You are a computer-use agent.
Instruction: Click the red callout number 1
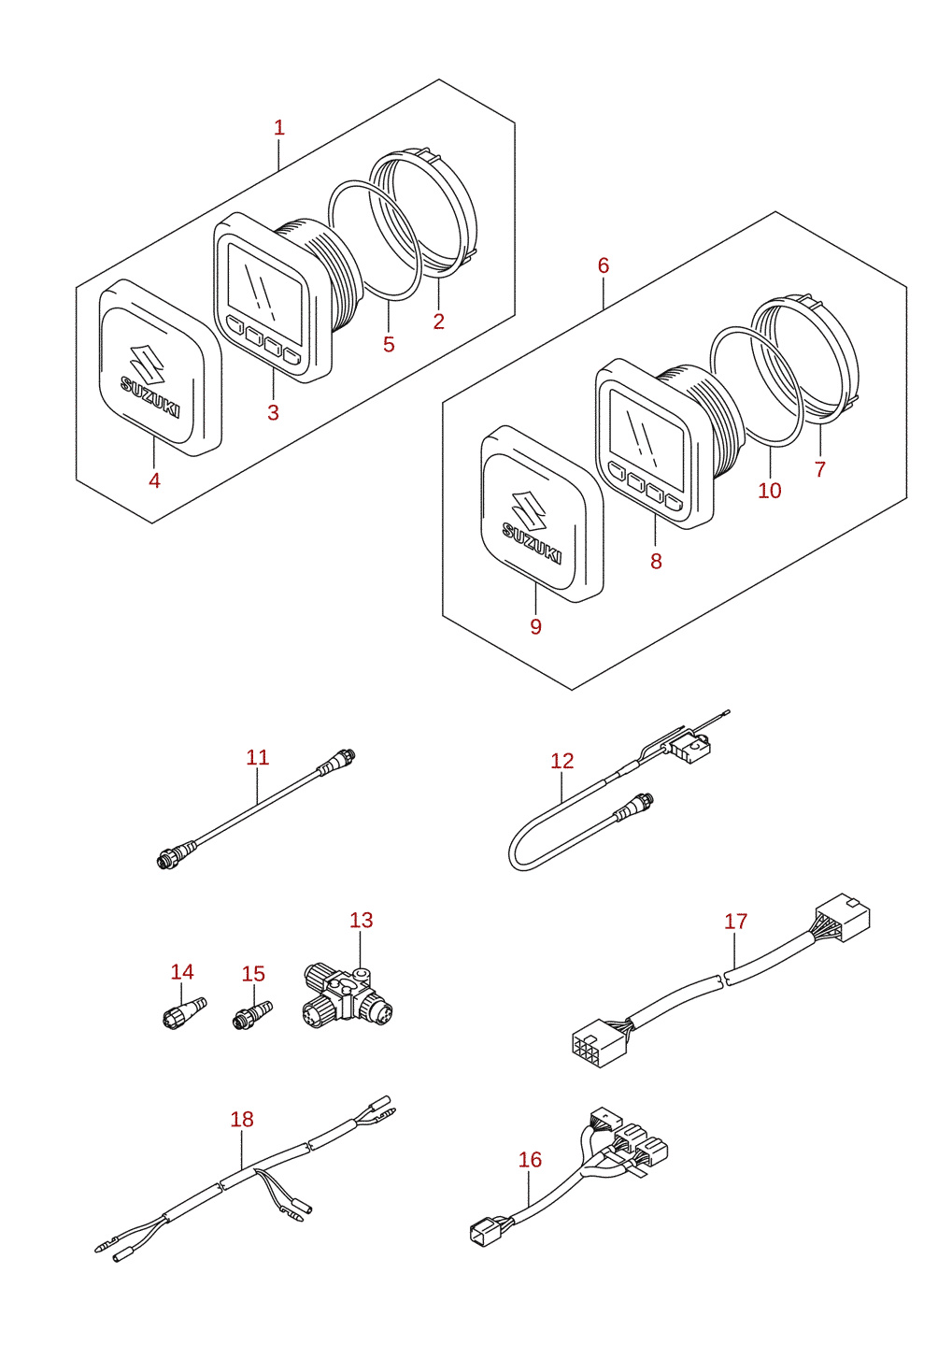tap(278, 128)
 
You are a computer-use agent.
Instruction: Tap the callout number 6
tap(603, 265)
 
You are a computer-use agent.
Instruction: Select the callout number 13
tap(361, 920)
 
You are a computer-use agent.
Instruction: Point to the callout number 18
tap(241, 1120)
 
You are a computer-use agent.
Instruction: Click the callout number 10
tap(770, 490)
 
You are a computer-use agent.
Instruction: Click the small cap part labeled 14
tap(184, 1012)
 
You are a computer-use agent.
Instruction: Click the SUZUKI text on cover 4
tap(149, 396)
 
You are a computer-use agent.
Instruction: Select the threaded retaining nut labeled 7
tap(805, 357)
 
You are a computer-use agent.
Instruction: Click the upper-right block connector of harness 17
tap(842, 917)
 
